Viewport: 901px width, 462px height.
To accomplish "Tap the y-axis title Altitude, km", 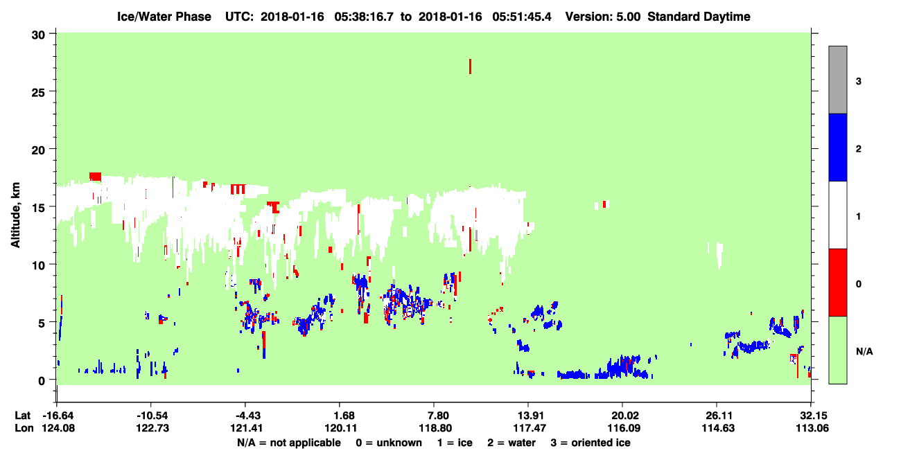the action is click(15, 215).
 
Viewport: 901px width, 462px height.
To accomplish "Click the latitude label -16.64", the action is click(59, 416).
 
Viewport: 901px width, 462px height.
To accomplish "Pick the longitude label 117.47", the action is click(530, 428).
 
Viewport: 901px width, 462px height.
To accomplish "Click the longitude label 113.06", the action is click(812, 428).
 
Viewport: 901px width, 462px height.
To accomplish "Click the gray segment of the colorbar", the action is click(838, 80).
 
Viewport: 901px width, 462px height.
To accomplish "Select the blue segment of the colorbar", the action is click(838, 147).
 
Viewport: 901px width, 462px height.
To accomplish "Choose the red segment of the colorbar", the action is click(838, 283).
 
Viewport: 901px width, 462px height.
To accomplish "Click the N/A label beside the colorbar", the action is click(864, 352).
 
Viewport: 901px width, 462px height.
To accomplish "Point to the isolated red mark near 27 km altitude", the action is click(470, 66).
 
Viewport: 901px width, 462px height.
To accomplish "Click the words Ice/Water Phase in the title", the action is click(164, 17).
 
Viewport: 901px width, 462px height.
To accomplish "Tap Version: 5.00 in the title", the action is click(602, 17).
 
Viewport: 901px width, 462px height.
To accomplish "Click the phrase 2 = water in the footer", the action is click(511, 443).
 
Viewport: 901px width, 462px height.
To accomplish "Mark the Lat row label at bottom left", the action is click(23, 416).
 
